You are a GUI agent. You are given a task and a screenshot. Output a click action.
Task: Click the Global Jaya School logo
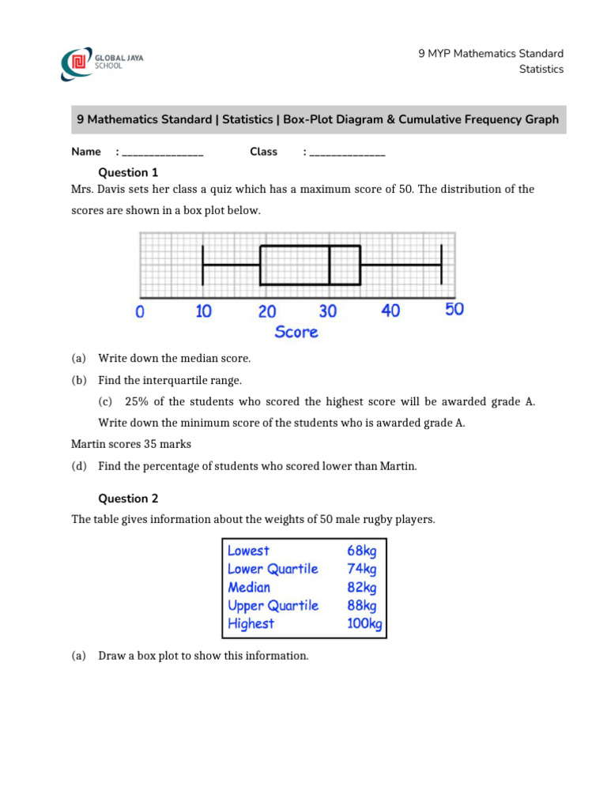point(103,62)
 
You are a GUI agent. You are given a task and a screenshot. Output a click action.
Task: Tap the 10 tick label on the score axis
point(203,311)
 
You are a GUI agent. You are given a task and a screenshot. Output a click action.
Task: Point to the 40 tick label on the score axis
point(390,310)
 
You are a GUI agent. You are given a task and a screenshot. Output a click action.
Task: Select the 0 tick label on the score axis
point(140,312)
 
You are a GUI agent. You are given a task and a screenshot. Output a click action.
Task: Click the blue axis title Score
point(296,332)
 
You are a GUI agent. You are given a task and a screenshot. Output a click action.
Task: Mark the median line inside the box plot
point(330,265)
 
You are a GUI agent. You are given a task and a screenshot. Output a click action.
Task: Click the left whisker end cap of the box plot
point(203,265)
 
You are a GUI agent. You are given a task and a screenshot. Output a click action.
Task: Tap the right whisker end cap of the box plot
point(441,265)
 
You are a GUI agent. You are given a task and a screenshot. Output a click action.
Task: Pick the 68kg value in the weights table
point(362,551)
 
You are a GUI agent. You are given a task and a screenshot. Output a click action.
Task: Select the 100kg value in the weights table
point(364,624)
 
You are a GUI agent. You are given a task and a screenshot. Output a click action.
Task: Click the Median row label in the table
point(249,587)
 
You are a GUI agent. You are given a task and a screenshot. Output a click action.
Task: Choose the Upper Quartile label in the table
point(273,605)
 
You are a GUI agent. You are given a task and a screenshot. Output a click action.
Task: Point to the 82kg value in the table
point(362,587)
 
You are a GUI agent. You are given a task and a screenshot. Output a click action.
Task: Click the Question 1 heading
point(128,172)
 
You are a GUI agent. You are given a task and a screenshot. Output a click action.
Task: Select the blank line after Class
point(348,153)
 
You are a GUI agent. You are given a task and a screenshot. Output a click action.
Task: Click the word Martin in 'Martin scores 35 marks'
point(89,444)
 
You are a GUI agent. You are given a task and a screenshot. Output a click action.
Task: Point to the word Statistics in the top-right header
point(541,70)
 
